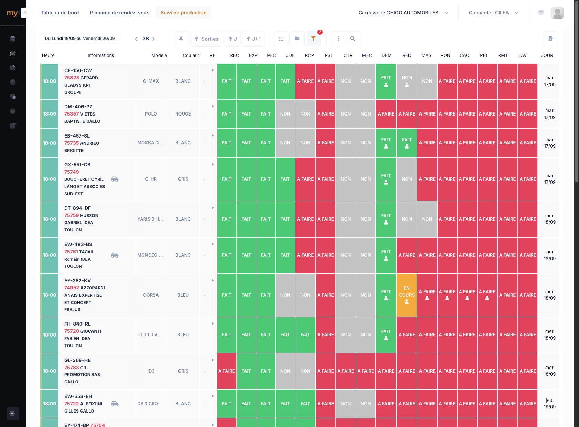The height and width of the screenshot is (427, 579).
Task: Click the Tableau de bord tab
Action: coord(60,13)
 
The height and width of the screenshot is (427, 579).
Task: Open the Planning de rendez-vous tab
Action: coord(119,13)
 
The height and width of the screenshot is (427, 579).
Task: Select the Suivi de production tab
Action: coord(183,13)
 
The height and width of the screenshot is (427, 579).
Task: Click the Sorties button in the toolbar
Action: coord(206,39)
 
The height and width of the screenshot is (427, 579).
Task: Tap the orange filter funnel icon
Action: coord(313,39)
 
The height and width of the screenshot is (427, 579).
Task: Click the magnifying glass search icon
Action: coord(352,39)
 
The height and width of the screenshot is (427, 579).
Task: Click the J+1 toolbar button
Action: coord(253,39)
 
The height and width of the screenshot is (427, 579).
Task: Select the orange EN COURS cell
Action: coord(407,295)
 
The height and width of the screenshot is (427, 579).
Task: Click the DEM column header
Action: coord(386,55)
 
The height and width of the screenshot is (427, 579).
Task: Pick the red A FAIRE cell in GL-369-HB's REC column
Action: coord(227,371)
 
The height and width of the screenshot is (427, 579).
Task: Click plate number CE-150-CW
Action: coord(78,70)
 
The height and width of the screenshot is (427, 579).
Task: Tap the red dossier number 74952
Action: coord(72,288)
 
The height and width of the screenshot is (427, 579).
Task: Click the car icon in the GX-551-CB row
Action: coord(114,179)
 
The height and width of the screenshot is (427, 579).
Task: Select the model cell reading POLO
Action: coord(151,114)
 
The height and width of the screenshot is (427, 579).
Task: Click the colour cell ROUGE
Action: coord(183,114)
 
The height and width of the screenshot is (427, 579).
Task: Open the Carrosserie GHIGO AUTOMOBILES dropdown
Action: coord(403,13)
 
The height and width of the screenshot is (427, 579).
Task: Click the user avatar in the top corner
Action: coord(557,13)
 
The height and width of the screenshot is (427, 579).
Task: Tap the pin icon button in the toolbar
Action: coord(181,39)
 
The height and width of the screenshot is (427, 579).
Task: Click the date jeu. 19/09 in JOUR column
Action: coord(549,404)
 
